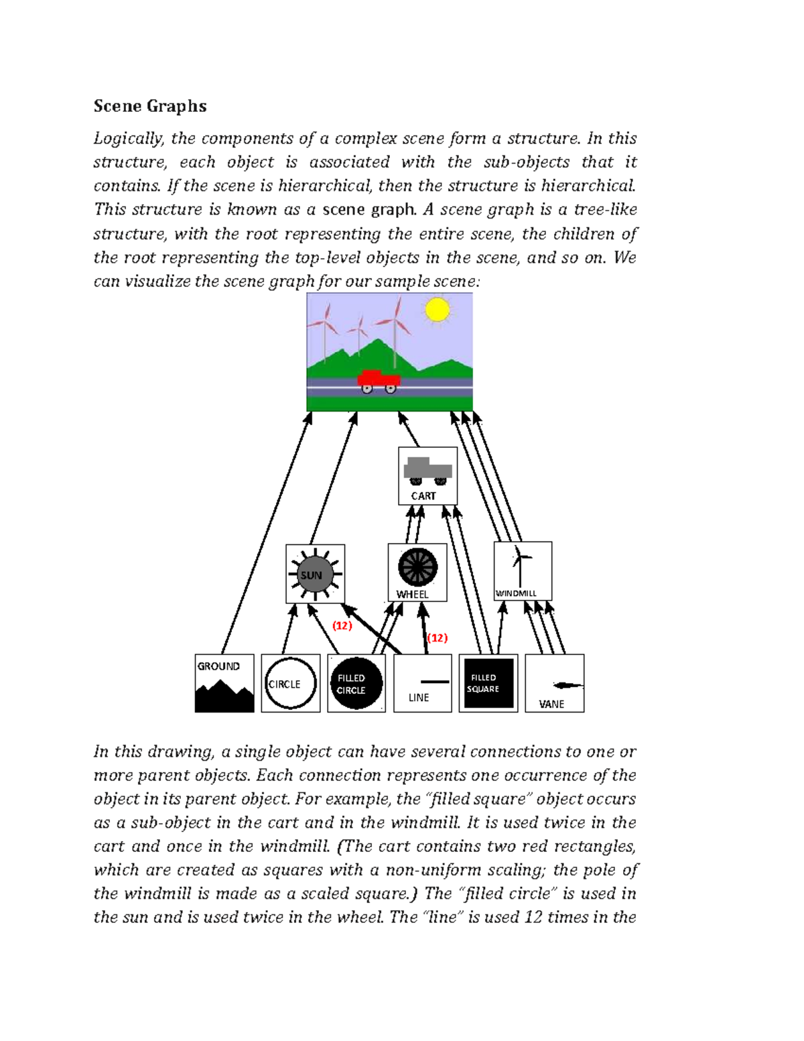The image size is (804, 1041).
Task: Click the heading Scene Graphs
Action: click(x=149, y=106)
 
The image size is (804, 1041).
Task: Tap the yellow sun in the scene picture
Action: click(x=438, y=310)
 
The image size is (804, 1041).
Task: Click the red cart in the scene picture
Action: click(x=379, y=380)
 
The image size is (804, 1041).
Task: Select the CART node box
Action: click(x=427, y=475)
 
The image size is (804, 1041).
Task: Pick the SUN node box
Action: click(x=315, y=574)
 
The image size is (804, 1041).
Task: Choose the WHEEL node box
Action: click(x=417, y=572)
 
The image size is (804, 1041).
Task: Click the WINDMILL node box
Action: click(x=523, y=570)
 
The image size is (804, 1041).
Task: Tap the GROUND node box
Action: click(x=224, y=683)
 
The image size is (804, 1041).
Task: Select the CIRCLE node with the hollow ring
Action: click(x=290, y=683)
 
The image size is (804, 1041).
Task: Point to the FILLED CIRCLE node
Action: click(x=356, y=683)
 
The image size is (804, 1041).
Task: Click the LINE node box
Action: click(x=422, y=683)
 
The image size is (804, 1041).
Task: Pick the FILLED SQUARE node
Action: click(x=488, y=683)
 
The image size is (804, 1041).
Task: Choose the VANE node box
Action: click(x=554, y=683)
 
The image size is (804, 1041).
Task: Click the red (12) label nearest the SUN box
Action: click(x=342, y=625)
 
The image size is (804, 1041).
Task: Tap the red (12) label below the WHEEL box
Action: click(x=437, y=637)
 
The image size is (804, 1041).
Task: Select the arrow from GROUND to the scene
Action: click(x=266, y=533)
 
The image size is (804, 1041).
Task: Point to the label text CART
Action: click(x=423, y=496)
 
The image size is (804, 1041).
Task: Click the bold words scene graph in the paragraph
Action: click(x=368, y=210)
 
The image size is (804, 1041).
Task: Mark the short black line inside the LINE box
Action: click(x=435, y=682)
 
